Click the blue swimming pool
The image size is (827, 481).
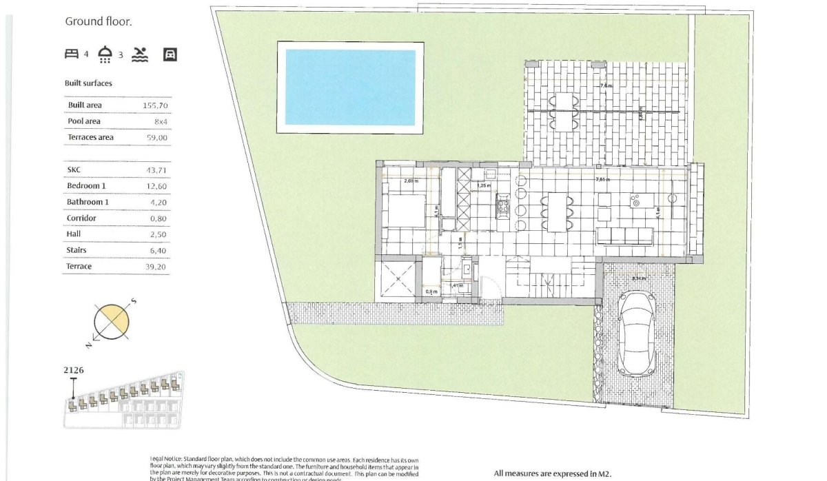[350, 87]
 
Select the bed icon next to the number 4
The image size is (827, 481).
[72, 54]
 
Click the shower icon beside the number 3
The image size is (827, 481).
[105, 54]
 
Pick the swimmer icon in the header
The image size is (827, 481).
[140, 54]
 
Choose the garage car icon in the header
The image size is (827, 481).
[170, 54]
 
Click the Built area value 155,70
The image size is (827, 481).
[155, 105]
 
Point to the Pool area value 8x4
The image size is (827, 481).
[159, 121]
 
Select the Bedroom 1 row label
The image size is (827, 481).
[88, 186]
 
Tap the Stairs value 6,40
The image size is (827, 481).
[158, 250]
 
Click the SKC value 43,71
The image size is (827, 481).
[156, 170]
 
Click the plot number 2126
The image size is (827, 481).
[74, 370]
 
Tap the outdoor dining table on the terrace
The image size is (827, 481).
[564, 111]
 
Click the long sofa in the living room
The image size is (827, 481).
[624, 236]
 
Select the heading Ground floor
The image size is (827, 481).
[99, 21]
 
